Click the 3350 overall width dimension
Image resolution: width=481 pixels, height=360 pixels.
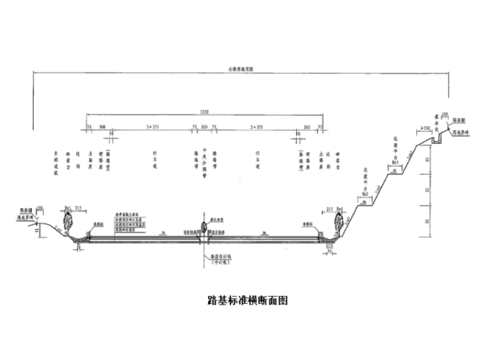pyautogui.click(x=205, y=110)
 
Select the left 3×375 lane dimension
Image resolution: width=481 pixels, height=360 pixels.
pyautogui.click(x=153, y=126)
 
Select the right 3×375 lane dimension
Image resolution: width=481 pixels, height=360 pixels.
pyautogui.click(x=256, y=126)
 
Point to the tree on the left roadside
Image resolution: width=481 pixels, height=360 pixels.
pyautogui.click(x=71, y=222)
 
